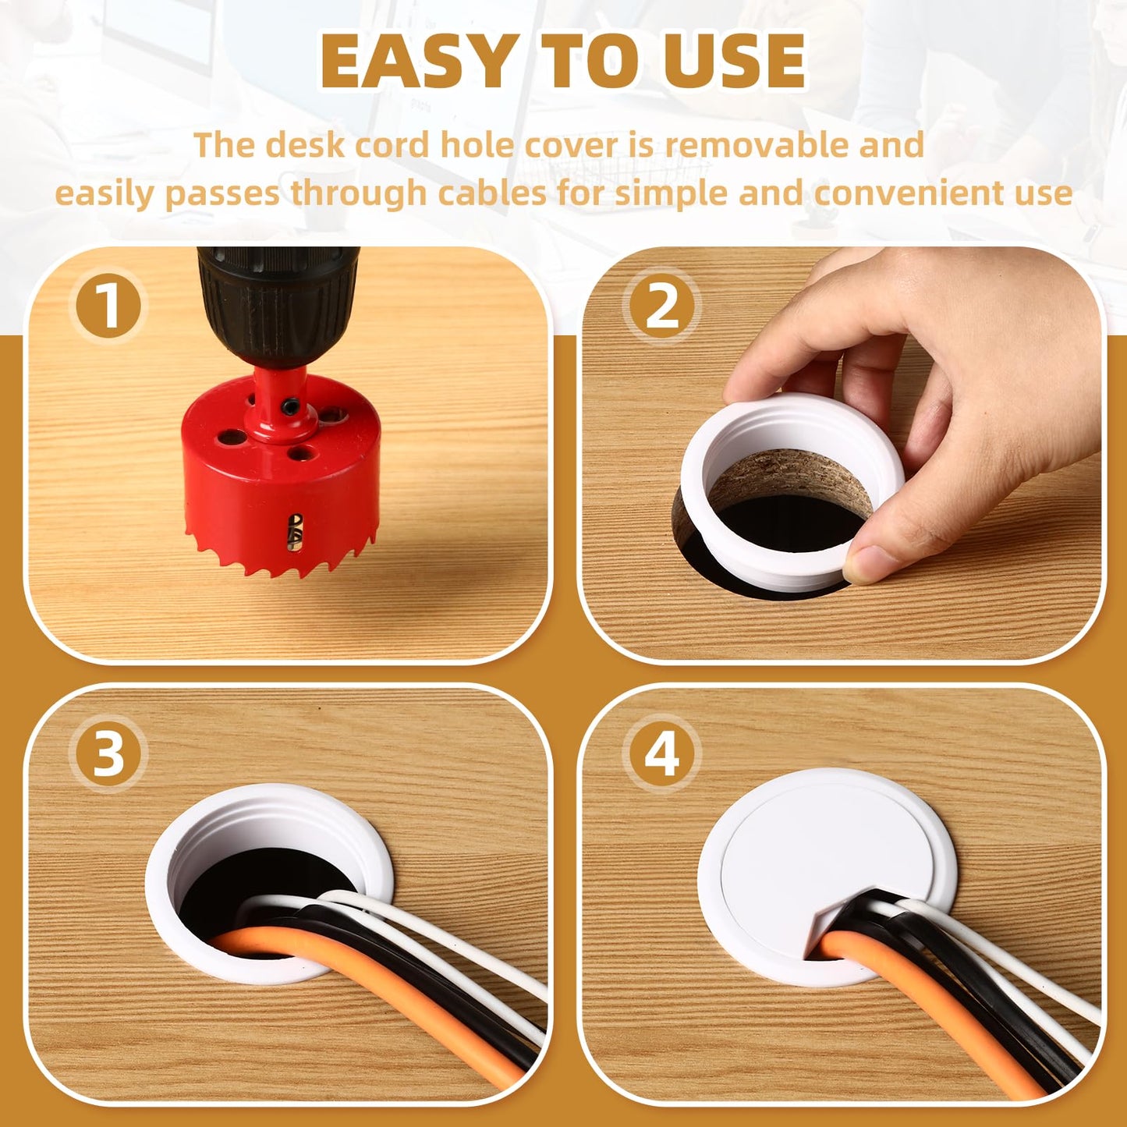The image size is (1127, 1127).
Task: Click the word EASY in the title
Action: tap(418, 62)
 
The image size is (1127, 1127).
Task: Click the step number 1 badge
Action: tap(108, 307)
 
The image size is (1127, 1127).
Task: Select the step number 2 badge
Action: tap(661, 307)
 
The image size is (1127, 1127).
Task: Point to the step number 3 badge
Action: tap(108, 754)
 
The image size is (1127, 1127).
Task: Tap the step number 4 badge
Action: tap(661, 754)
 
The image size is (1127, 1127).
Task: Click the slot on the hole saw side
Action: tap(295, 533)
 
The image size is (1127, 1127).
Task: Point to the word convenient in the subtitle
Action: tap(944, 193)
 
